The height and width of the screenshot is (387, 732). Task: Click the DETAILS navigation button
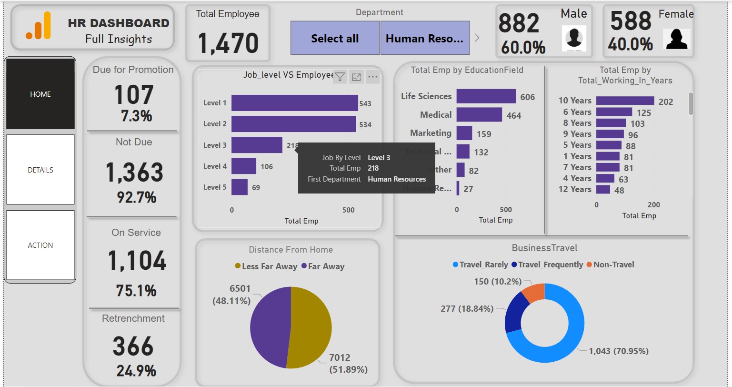pyautogui.click(x=40, y=170)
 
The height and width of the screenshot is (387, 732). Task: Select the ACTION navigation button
pyautogui.click(x=40, y=245)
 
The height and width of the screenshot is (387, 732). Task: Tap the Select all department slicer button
pyautogui.click(x=335, y=38)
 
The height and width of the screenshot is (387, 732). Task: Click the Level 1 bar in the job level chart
pyautogui.click(x=294, y=103)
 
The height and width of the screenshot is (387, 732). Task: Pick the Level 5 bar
pyautogui.click(x=240, y=187)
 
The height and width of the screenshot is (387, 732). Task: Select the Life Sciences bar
pyautogui.click(x=486, y=96)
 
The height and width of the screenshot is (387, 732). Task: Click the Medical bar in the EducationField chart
pyautogui.click(x=479, y=115)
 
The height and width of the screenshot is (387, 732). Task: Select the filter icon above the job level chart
pyautogui.click(x=340, y=76)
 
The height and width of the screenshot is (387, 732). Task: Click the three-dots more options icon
pyautogui.click(x=372, y=76)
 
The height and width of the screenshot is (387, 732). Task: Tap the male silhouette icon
pyautogui.click(x=574, y=38)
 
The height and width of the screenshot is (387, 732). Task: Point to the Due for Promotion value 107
pyautogui.click(x=134, y=94)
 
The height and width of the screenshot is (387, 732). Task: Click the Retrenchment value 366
pyautogui.click(x=133, y=346)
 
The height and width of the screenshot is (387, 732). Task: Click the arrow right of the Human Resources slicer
pyautogui.click(x=477, y=38)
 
